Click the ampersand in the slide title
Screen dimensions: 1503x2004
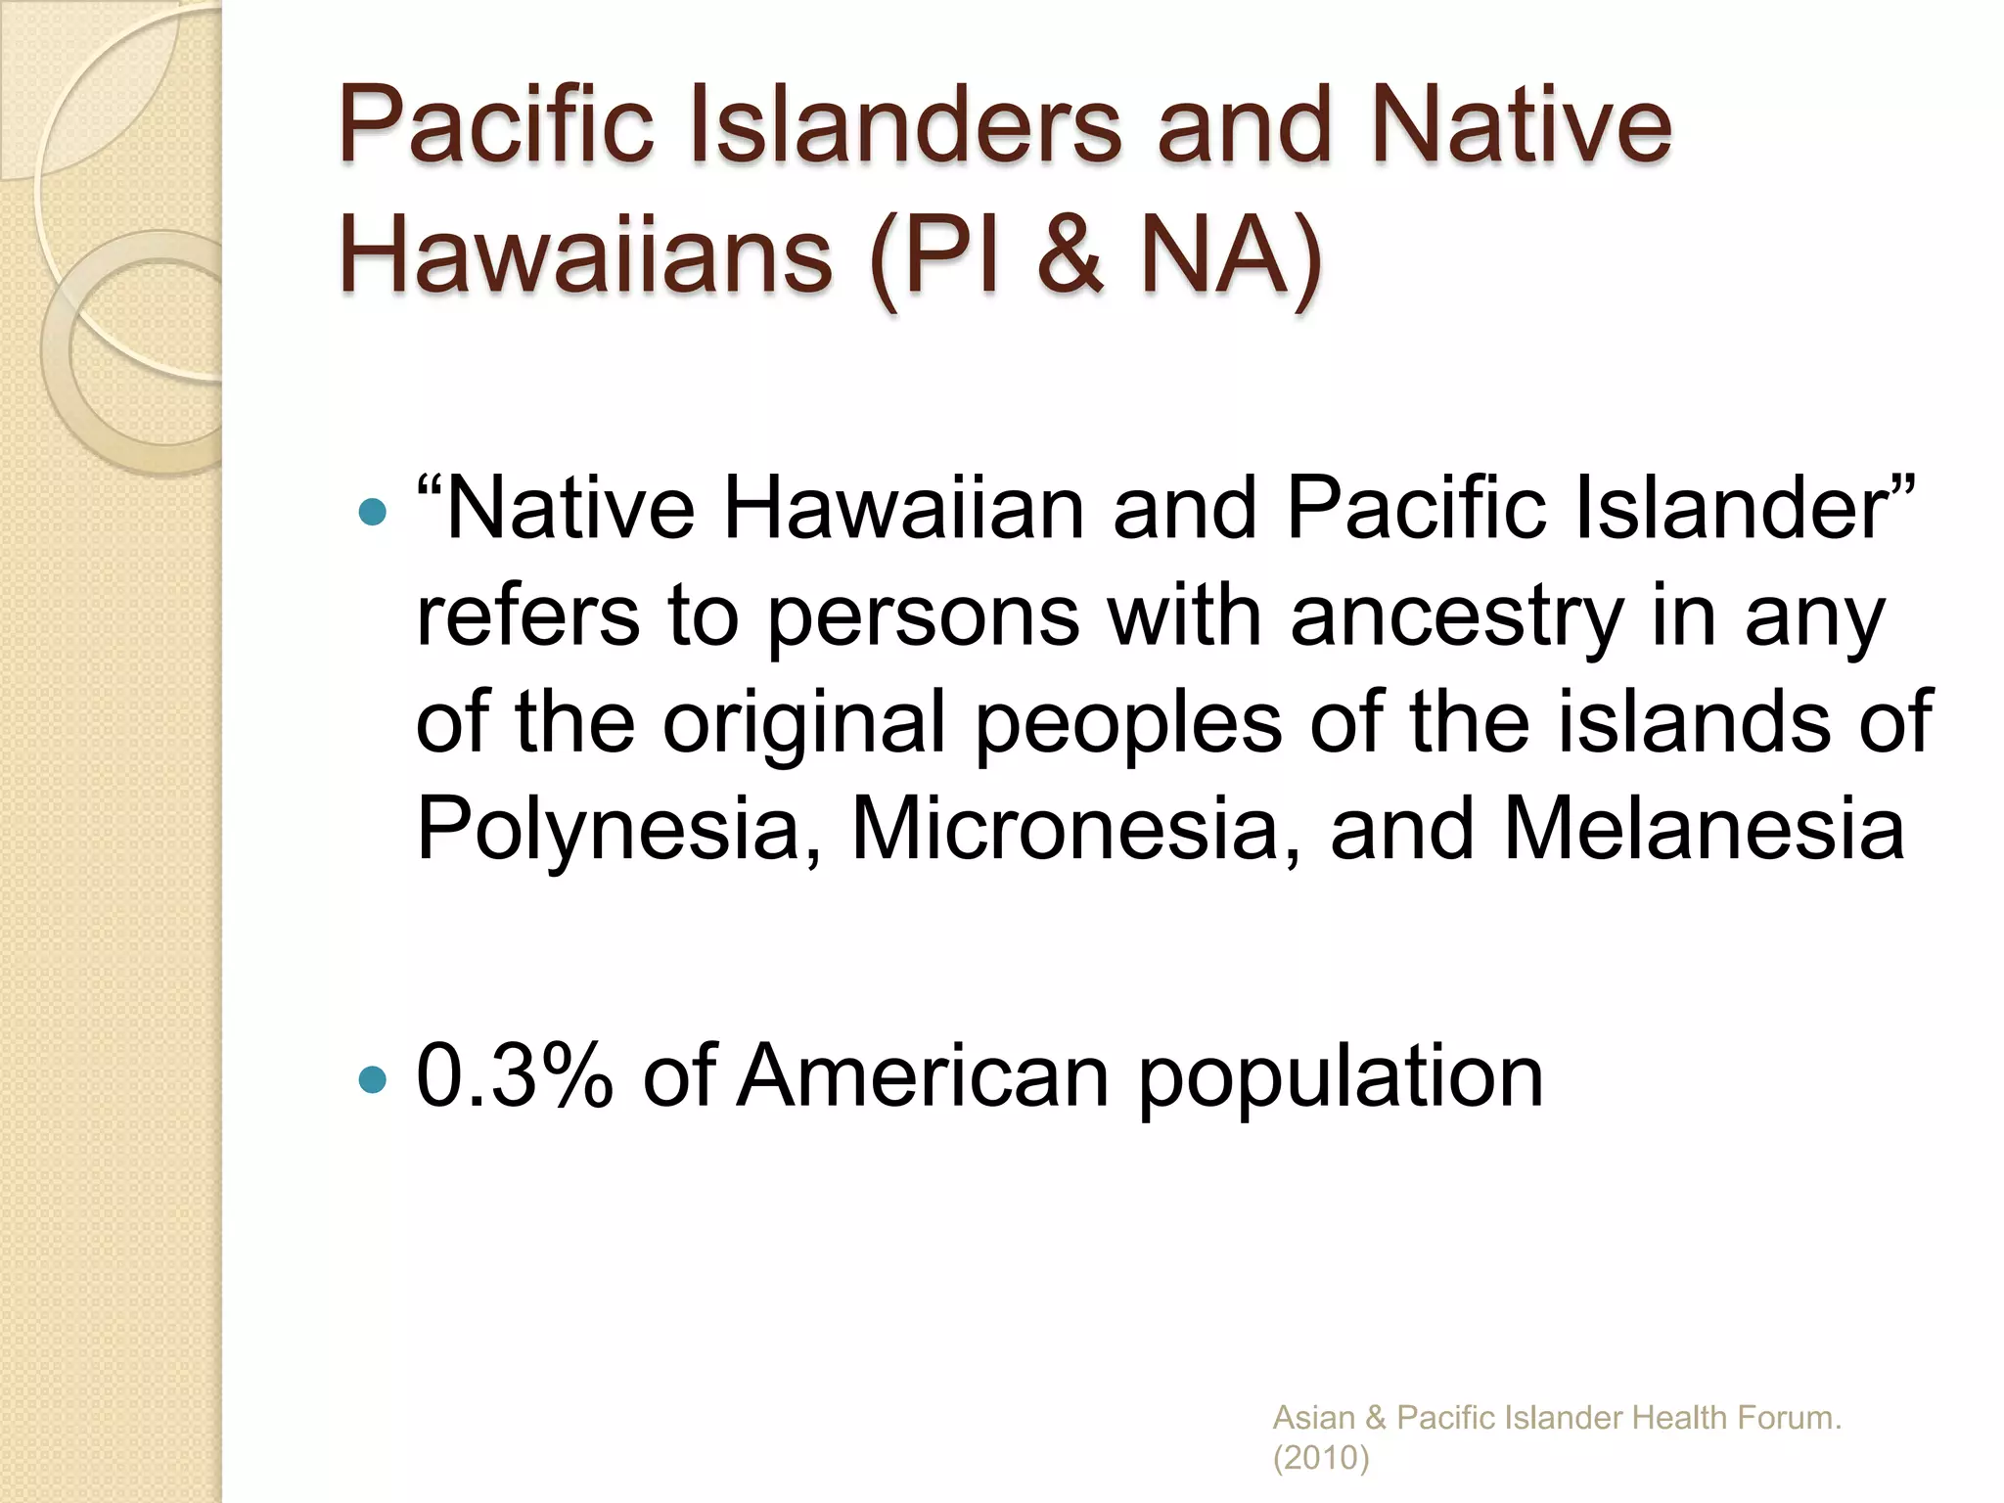(x=1069, y=256)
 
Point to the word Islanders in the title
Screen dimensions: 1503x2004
(x=905, y=125)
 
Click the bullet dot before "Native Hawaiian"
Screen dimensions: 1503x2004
(x=373, y=511)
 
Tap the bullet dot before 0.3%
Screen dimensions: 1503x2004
(x=373, y=1079)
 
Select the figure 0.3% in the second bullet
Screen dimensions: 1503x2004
(x=515, y=1076)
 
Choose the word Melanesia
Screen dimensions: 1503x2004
(x=1704, y=829)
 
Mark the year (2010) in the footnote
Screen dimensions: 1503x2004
(x=1321, y=1458)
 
